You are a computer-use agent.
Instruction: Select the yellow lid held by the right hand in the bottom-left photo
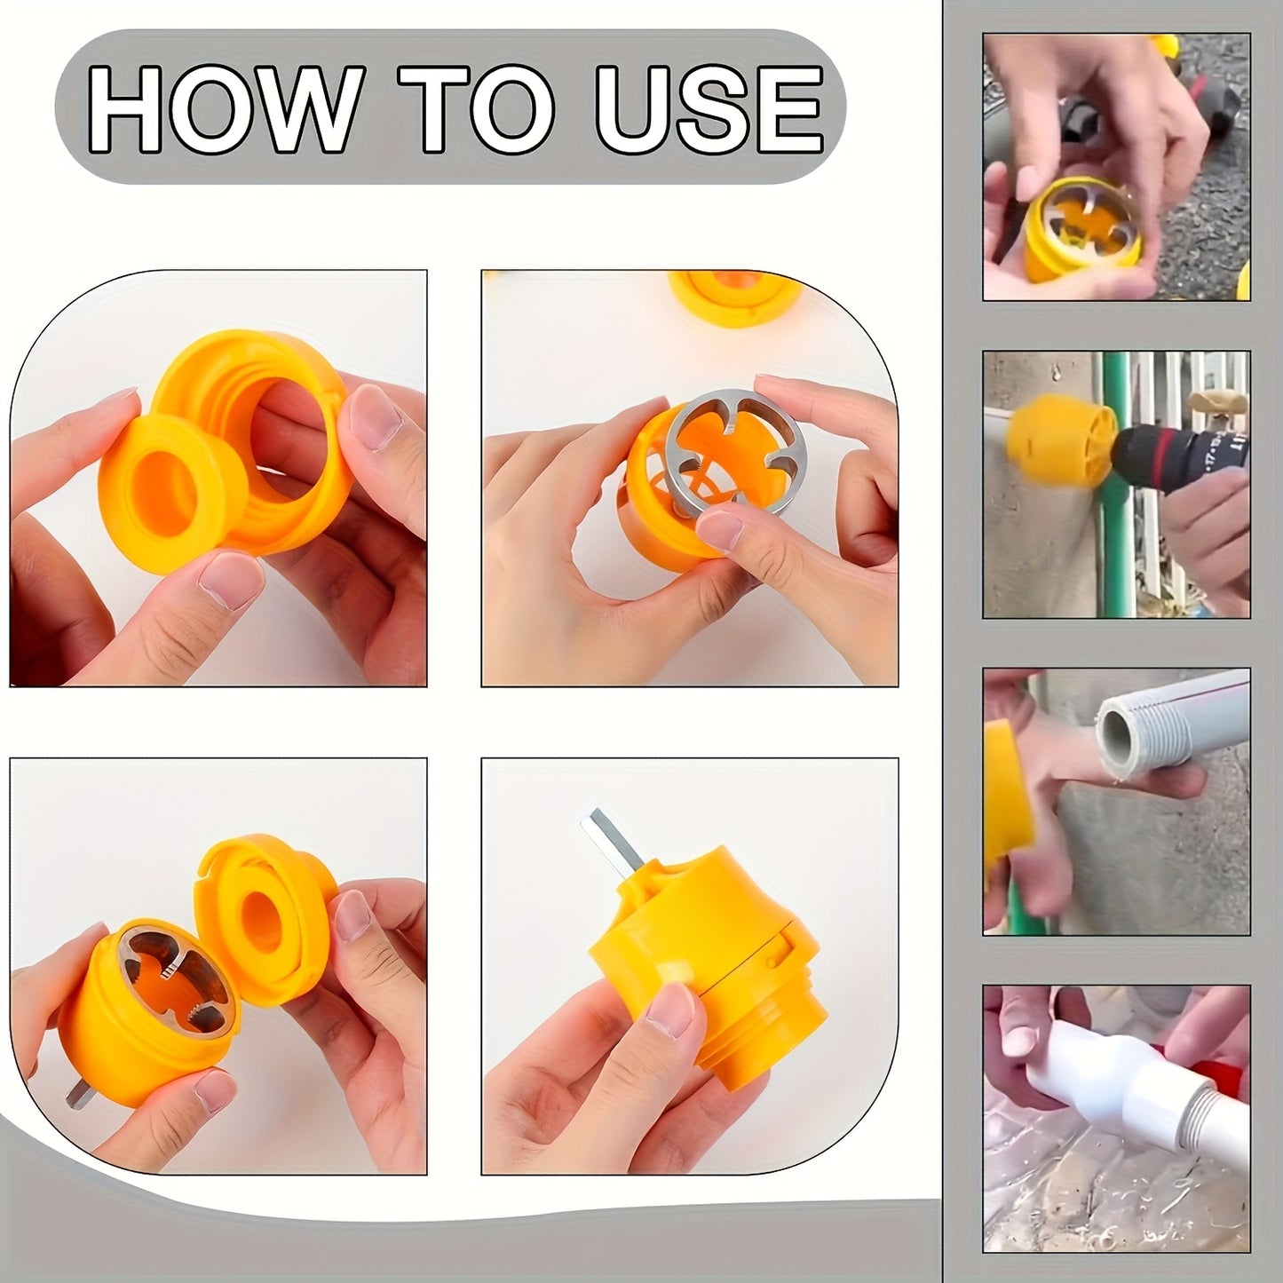[x=266, y=923]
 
